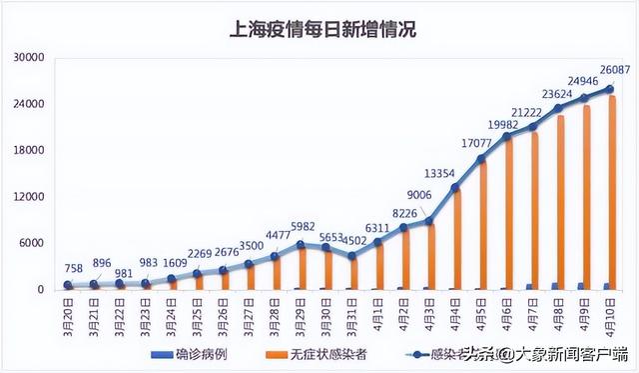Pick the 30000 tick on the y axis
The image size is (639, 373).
pyautogui.click(x=27, y=58)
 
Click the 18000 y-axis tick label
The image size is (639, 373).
pyautogui.click(x=27, y=151)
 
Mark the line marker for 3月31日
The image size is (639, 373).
pyautogui.click(x=351, y=256)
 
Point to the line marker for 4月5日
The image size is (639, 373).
pyautogui.click(x=481, y=159)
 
